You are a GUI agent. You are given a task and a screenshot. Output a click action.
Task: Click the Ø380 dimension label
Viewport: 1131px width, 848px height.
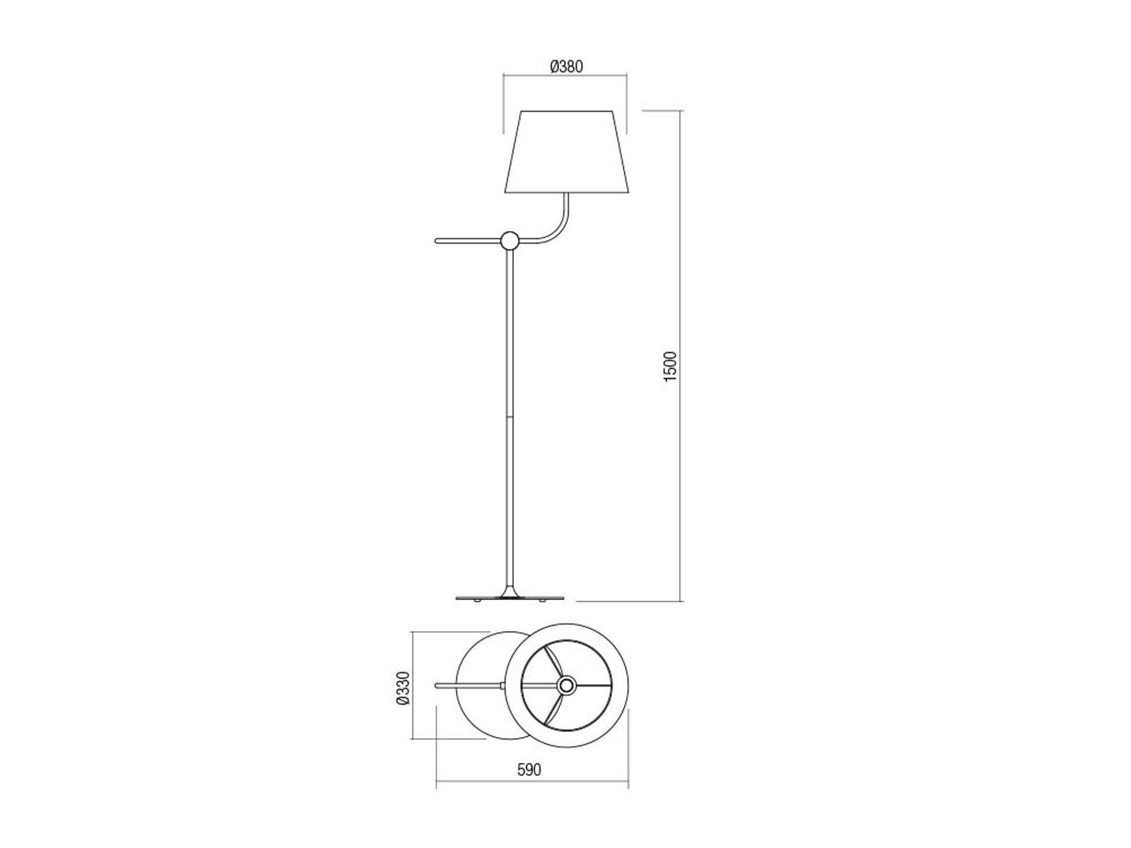(566, 66)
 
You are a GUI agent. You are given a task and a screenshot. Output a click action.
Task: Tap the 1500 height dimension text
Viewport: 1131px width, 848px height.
(669, 366)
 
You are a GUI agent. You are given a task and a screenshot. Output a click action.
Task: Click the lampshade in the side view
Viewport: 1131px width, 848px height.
(567, 151)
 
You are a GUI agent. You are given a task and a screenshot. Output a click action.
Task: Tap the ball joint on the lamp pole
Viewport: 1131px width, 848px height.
(510, 240)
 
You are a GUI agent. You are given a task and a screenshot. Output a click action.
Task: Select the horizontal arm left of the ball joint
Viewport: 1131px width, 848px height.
(469, 240)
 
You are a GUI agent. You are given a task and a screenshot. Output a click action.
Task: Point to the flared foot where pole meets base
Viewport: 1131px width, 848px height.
(510, 591)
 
